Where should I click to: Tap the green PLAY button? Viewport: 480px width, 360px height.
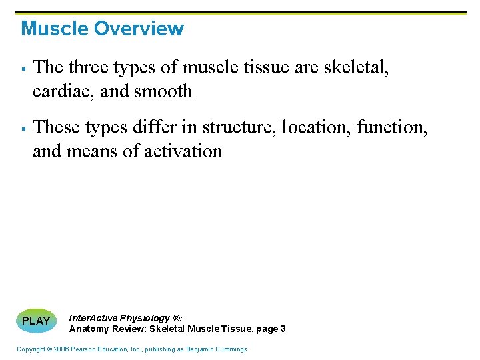coord(36,321)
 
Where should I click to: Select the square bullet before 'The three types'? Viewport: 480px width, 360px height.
coord(23,69)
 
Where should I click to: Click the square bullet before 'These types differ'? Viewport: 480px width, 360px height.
coord(23,128)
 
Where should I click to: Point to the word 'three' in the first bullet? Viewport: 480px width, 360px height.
coord(89,67)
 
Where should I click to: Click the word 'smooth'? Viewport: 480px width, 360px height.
coord(163,91)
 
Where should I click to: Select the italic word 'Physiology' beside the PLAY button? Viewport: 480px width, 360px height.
coord(147,318)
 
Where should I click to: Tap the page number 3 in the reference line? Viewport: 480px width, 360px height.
coord(283,329)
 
